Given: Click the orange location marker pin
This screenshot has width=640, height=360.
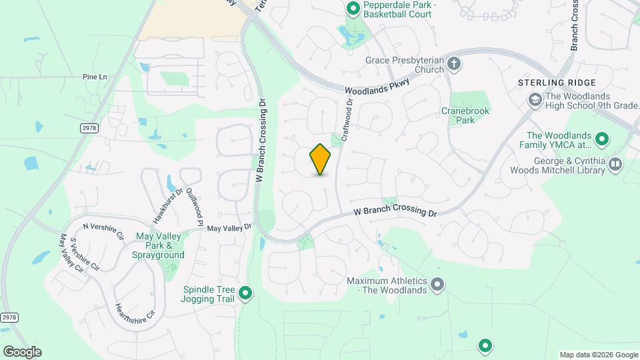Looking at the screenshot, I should coord(320,159).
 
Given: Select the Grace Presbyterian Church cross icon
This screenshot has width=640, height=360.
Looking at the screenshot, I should coord(454,64).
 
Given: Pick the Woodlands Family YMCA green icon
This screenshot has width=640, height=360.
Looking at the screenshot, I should coord(602,139).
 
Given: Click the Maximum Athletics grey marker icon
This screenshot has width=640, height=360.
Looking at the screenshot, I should coord(437,285).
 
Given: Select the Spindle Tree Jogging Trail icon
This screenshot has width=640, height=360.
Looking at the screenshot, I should coord(246,292).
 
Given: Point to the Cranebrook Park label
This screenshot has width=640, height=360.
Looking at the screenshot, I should coord(465,115).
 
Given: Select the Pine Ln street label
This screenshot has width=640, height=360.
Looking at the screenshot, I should coord(95,77).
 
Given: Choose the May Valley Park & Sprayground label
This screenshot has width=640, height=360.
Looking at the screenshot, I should coord(160,245).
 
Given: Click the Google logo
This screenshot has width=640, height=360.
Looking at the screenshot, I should coord(22,352).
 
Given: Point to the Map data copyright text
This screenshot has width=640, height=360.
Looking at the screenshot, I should coord(598,355).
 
